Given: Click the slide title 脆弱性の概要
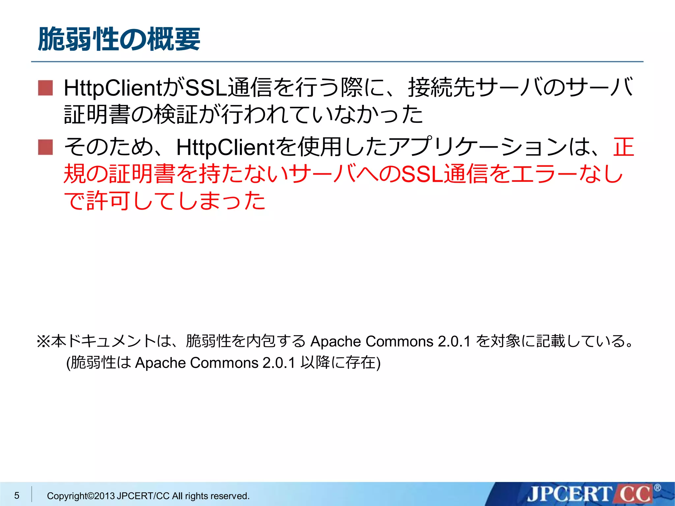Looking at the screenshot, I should [119, 40].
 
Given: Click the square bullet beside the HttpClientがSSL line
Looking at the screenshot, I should [45, 88].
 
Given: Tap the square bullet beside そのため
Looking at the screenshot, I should [45, 147].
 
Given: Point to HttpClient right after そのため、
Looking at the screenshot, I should [226, 147].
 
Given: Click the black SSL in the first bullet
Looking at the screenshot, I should [206, 88].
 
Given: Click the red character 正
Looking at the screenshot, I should [623, 147].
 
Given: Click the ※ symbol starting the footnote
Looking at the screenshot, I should [43, 341].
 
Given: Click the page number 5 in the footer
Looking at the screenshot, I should [17, 495].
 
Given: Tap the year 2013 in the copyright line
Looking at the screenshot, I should [104, 496].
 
